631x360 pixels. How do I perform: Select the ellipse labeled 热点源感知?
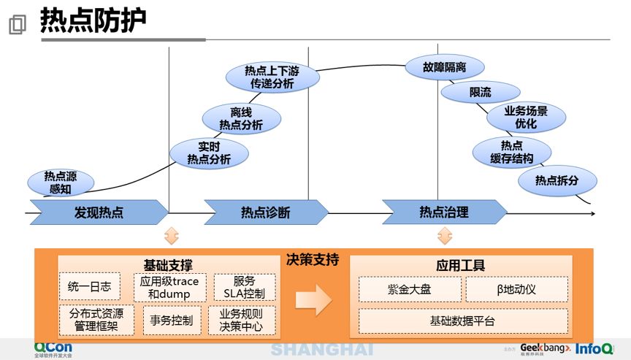[x=60, y=182]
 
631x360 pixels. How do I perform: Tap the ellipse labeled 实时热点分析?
[x=209, y=153]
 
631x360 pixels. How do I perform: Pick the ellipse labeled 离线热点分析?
[x=241, y=119]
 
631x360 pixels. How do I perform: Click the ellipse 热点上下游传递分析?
[x=272, y=77]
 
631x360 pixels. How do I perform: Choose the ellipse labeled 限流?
[x=480, y=93]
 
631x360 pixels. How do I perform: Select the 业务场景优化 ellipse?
[x=525, y=118]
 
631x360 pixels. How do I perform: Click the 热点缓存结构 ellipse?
[x=511, y=152]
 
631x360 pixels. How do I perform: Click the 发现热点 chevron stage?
[x=99, y=212]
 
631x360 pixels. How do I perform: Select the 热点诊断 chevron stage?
[x=266, y=212]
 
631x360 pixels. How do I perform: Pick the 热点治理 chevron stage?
[x=444, y=212]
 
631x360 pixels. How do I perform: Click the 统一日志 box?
[x=89, y=287]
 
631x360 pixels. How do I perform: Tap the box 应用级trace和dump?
[x=169, y=287]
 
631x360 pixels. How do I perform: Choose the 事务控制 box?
[x=172, y=321]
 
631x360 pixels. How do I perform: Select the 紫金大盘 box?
[x=410, y=289]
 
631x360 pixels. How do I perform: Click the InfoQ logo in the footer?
[x=594, y=348]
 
